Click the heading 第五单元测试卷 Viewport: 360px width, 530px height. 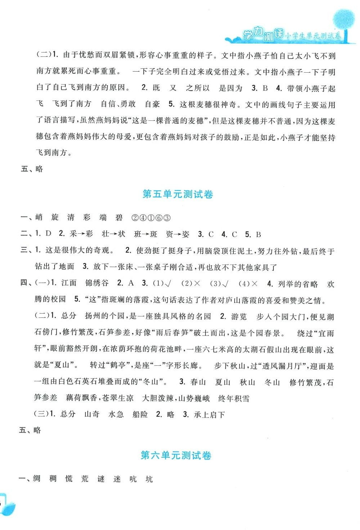(x=178, y=195)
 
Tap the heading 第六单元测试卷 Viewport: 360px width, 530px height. (x=176, y=456)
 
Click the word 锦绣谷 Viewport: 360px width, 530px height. (x=97, y=283)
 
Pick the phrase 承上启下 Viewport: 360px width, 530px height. (x=209, y=415)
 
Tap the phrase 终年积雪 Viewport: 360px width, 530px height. (x=234, y=398)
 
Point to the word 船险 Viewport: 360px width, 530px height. (x=140, y=415)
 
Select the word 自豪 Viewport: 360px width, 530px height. (x=152, y=104)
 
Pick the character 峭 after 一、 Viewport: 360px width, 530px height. (x=39, y=218)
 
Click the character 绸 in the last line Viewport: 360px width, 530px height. (x=37, y=479)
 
